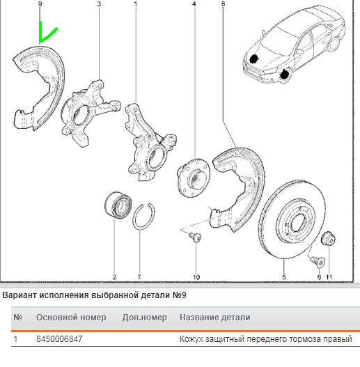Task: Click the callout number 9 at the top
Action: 40,4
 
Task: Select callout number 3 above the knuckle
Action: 99,4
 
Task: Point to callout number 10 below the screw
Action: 196,277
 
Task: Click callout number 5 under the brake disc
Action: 283,277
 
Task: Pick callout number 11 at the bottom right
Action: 329,277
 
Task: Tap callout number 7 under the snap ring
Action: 139,277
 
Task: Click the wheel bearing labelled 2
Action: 118,205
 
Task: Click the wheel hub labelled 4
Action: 194,178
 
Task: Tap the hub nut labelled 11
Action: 328,238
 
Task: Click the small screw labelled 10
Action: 196,237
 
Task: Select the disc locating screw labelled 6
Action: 318,262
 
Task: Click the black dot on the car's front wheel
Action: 285,75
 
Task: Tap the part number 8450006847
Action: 59,339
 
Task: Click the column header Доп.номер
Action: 145,318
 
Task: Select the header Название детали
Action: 215,318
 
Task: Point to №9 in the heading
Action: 179,295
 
